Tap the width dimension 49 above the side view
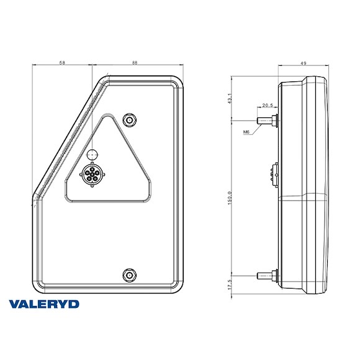tap(304, 63)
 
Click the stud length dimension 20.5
tap(268, 105)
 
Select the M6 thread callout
tap(246, 132)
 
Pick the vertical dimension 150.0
tap(230, 200)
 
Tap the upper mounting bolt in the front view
tap(129, 119)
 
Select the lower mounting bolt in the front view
tap(129, 274)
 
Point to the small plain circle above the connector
tap(92, 153)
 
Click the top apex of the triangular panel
tap(109, 115)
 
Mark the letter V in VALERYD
tap(16, 305)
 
